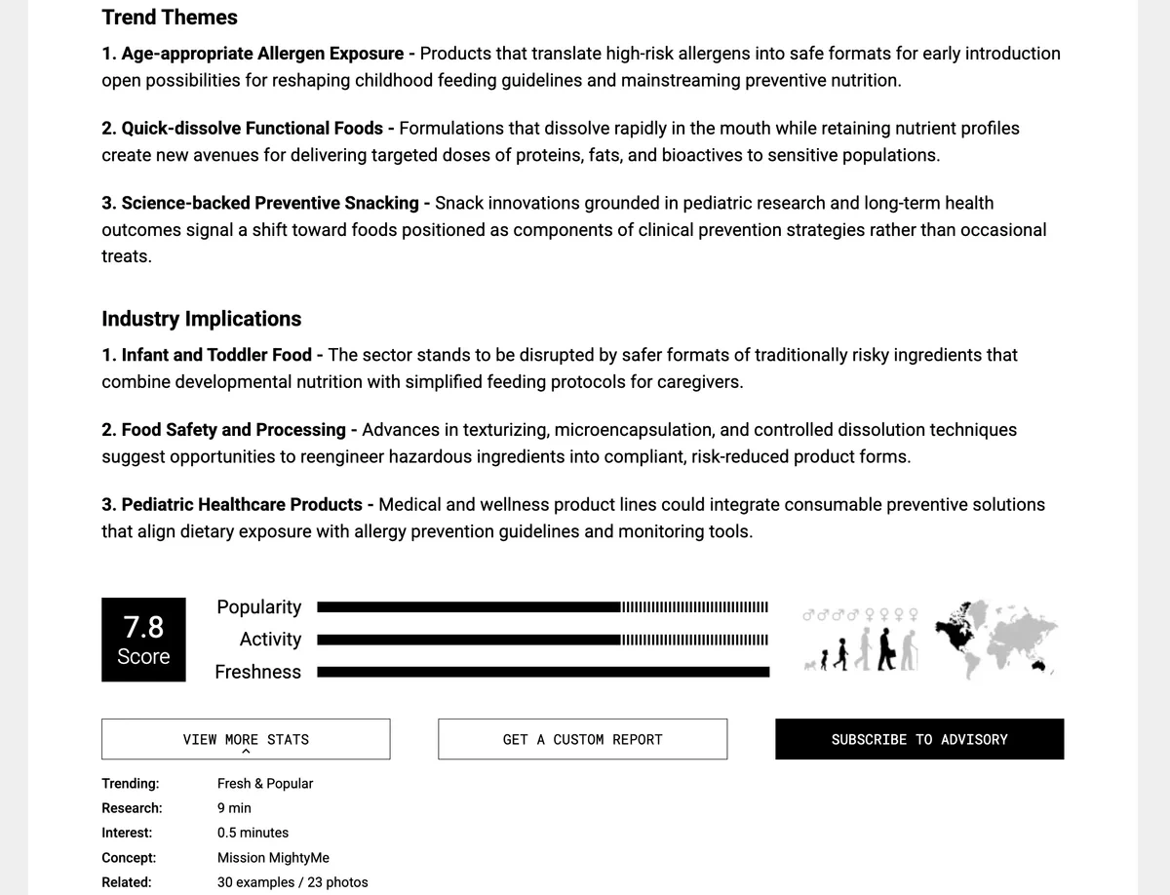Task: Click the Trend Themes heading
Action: [x=170, y=18]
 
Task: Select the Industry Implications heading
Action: [x=201, y=319]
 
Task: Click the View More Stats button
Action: [x=246, y=739]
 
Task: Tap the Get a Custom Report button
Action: [x=582, y=739]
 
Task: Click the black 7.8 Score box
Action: [x=143, y=640]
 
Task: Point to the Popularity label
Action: [x=258, y=607]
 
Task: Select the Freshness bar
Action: [x=543, y=672]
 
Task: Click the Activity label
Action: [x=270, y=640]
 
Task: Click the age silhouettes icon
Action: [x=863, y=651]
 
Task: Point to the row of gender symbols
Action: [x=859, y=615]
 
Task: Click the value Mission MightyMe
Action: [x=273, y=858]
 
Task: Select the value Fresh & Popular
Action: [x=265, y=783]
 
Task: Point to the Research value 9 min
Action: [x=234, y=808]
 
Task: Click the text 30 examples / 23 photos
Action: [x=292, y=882]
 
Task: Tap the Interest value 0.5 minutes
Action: [x=253, y=833]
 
